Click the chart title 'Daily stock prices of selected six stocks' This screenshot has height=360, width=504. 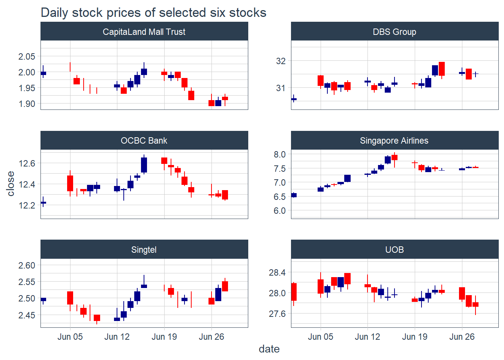tap(153, 13)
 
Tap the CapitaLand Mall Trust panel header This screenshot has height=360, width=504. tap(144, 32)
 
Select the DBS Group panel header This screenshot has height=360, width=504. tap(394, 32)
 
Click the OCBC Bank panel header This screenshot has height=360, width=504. tap(144, 141)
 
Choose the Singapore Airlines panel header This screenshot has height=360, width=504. tap(394, 141)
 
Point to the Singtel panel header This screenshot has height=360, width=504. tap(144, 250)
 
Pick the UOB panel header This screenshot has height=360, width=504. tap(394, 250)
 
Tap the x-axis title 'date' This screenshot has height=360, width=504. tap(269, 349)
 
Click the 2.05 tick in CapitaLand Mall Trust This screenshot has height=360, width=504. tap(27, 57)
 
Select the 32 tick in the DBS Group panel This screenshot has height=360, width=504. tap(280, 61)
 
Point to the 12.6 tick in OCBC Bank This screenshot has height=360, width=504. tap(27, 163)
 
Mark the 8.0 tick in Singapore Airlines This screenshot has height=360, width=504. tap(279, 154)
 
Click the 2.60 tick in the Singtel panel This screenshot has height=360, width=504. tap(27, 265)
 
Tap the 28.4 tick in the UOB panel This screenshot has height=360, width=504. tap(277, 273)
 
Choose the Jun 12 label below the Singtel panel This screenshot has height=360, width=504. tap(117, 337)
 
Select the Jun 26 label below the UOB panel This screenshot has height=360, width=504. tap(462, 337)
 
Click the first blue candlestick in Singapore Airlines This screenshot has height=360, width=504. tap(294, 195)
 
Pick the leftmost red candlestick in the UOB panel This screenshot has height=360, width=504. tap(294, 292)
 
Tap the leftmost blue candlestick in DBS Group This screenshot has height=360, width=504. tap(294, 99)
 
